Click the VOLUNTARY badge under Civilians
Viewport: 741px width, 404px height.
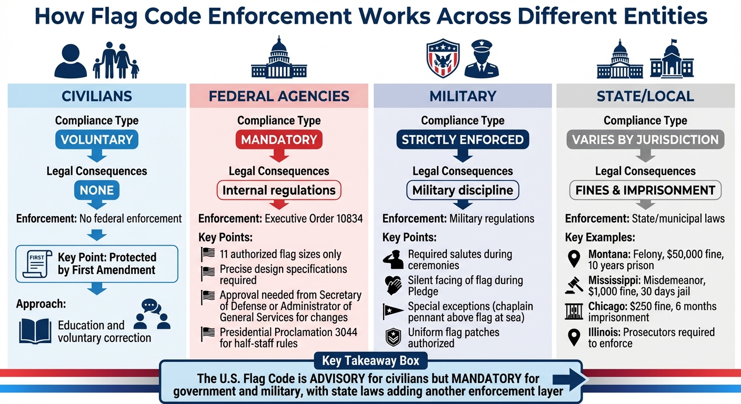(96, 139)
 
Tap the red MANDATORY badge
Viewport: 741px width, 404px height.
(279, 139)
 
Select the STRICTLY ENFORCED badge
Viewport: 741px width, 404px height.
(463, 139)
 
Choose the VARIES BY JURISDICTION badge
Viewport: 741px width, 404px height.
(645, 139)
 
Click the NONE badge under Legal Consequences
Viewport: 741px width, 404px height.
(96, 190)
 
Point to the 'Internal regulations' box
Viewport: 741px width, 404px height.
(279, 190)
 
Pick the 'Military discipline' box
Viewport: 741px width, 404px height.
(463, 190)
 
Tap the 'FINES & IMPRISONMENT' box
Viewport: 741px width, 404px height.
(645, 190)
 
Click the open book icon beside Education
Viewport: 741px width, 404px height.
(35, 330)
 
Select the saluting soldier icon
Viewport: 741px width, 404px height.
(393, 259)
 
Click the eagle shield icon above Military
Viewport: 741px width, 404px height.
(443, 58)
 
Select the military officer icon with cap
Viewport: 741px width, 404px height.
(482, 58)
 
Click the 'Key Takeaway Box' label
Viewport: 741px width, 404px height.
(370, 361)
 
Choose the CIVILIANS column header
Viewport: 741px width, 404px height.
(97, 96)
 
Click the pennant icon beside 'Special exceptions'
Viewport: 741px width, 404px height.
(393, 311)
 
